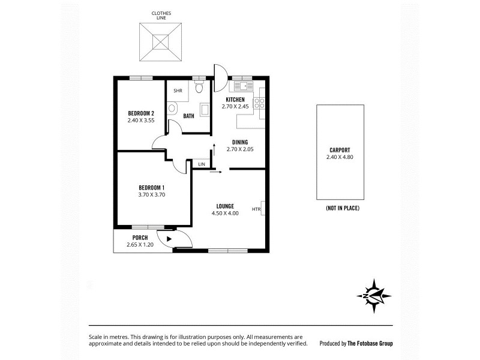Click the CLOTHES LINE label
[160, 15]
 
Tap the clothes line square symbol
[160, 41]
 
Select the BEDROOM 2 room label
[141, 113]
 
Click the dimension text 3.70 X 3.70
[151, 194]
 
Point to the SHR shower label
[178, 91]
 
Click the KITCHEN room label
[235, 100]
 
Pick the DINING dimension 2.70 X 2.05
[240, 149]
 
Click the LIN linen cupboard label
[201, 164]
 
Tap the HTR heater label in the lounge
[256, 209]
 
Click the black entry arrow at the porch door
[170, 239]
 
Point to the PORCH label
[136, 238]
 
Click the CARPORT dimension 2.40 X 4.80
[340, 157]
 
